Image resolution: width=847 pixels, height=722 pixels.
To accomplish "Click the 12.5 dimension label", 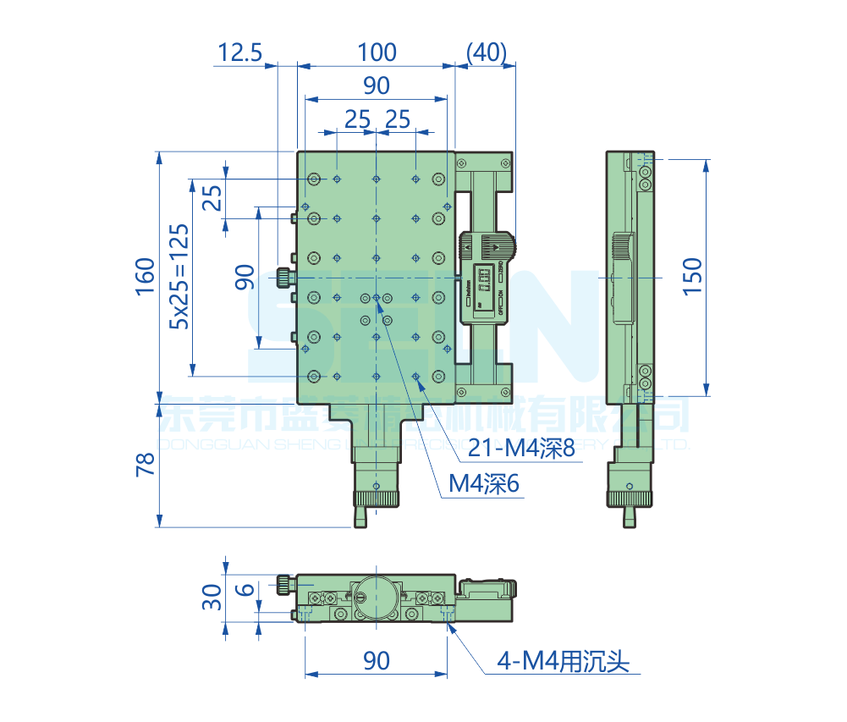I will (239, 52).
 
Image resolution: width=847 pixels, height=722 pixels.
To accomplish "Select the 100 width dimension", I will (376, 52).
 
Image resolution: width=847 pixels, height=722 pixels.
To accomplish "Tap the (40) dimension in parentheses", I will (486, 52).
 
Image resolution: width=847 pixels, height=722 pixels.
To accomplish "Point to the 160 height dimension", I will (145, 276).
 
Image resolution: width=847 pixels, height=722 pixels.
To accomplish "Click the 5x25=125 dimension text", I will (179, 276).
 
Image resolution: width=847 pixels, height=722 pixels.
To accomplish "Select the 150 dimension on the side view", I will (691, 276).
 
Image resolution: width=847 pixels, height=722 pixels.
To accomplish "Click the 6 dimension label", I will (244, 590).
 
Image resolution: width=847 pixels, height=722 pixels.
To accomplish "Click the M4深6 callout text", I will (483, 483).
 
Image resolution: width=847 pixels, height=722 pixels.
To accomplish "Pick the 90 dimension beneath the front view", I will (376, 660).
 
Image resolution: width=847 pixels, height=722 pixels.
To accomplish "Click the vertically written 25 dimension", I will (212, 199).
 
